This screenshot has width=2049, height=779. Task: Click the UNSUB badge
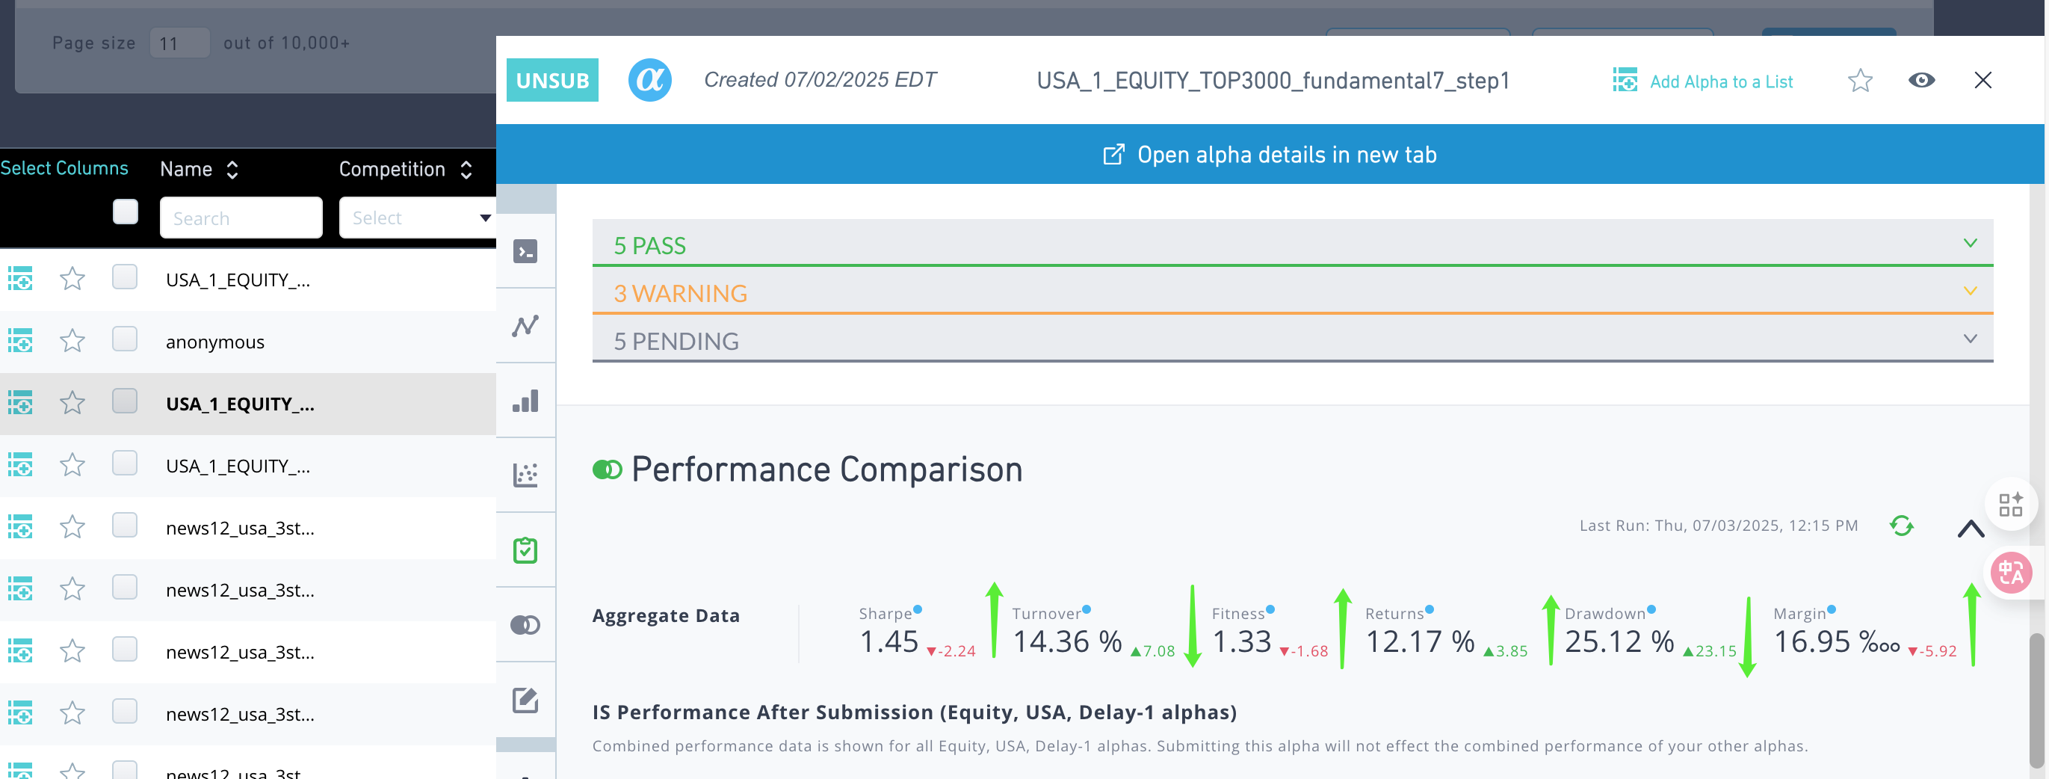552,80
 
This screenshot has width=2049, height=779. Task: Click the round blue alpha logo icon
649,80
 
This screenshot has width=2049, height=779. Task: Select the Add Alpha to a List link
1720,82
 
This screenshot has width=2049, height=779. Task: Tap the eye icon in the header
1921,80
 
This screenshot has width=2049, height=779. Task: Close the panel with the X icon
1982,80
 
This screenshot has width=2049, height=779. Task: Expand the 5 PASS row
1970,244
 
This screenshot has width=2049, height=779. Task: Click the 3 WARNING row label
680,294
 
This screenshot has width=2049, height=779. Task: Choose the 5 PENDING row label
676,342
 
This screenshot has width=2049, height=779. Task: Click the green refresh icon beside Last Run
1901,526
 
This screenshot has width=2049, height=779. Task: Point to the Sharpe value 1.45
889,641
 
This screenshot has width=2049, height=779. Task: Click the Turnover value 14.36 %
1066,641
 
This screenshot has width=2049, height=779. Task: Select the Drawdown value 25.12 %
1619,641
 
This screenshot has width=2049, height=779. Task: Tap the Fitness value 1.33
1242,641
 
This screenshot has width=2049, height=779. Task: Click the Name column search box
241,218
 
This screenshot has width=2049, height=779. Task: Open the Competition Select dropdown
417,218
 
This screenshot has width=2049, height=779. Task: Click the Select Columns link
64,168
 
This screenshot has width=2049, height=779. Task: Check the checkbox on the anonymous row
125,339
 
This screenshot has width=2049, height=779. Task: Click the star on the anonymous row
72,341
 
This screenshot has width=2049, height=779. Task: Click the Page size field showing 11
179,43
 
